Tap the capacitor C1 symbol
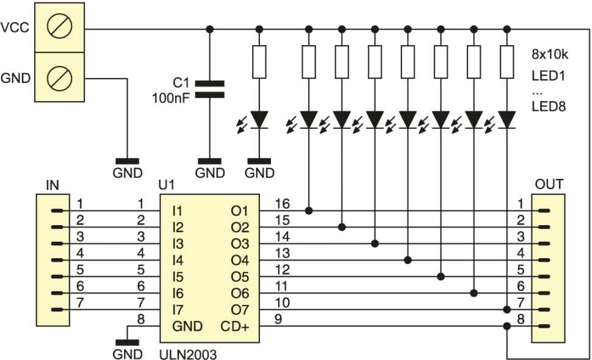[x=209, y=89]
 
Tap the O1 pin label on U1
[x=239, y=211]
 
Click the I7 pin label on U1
[x=177, y=311]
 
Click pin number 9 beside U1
[x=278, y=319]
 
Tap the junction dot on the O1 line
[x=309, y=211]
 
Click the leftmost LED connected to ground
[x=259, y=119]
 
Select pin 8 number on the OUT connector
[x=521, y=319]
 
